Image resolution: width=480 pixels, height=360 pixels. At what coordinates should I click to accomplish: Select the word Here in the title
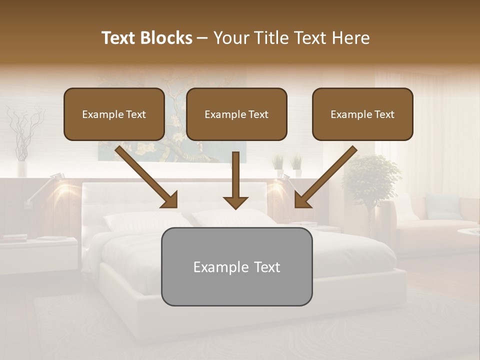[x=351, y=38]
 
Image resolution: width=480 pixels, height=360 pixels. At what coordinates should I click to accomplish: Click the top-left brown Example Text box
[x=114, y=114]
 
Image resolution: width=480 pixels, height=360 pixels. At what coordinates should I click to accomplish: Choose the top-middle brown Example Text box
[x=236, y=114]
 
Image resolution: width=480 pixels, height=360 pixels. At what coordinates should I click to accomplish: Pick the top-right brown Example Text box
[x=362, y=114]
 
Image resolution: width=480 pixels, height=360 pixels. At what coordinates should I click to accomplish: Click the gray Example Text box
[x=236, y=266]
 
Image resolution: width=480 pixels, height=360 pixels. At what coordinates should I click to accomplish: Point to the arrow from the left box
[x=146, y=177]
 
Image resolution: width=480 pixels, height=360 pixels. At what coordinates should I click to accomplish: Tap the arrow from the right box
[x=325, y=177]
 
